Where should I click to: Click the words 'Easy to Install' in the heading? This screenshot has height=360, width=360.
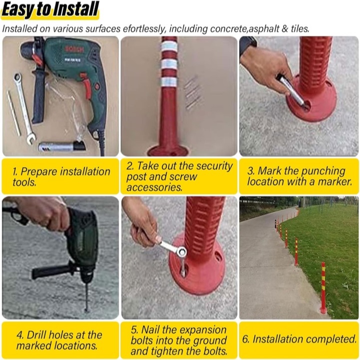click(50, 9)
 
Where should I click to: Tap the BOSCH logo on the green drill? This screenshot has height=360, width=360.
click(74, 49)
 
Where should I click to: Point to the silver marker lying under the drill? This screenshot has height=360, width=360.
click(62, 146)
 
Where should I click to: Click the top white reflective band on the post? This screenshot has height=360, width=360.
click(169, 47)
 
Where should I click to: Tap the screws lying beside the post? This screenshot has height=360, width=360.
click(192, 93)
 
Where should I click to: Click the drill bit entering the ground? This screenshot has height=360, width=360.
click(87, 297)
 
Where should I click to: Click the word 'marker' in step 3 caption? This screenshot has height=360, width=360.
click(335, 182)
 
